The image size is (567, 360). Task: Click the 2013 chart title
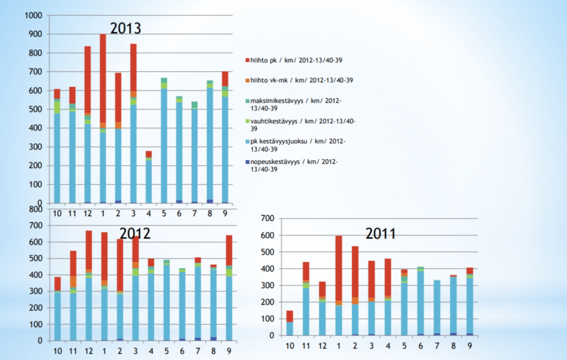click(x=125, y=28)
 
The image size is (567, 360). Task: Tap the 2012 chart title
click(x=135, y=233)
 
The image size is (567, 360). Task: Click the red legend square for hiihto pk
click(x=247, y=61)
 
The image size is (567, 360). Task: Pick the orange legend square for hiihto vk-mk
click(x=247, y=80)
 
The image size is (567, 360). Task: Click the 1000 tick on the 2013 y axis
click(x=33, y=16)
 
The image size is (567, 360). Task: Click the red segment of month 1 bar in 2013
click(x=102, y=79)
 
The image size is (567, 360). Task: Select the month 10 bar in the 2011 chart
click(x=290, y=323)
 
